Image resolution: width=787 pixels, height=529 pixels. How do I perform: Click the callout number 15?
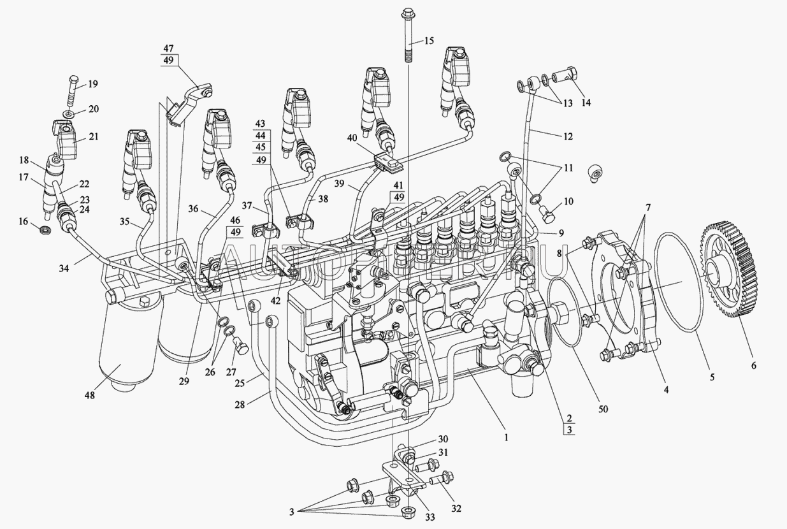pos(428,41)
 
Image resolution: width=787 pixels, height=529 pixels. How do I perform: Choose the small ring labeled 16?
pos(47,229)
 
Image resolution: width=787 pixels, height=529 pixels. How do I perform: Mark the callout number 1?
pos(506,437)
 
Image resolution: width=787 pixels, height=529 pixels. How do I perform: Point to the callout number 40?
pos(352,137)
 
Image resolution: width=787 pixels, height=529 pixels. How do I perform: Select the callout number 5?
pos(712,377)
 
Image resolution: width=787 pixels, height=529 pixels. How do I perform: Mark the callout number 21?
pos(93,137)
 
